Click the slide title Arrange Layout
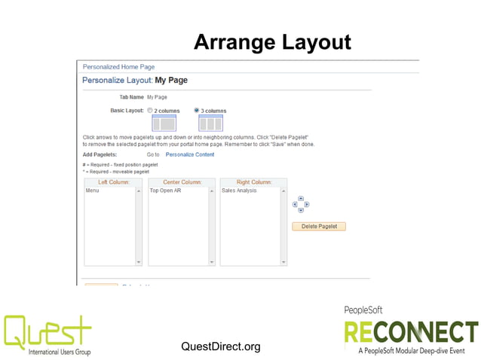(272, 42)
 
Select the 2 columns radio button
(151, 110)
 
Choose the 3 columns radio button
(198, 110)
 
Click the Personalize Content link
(190, 154)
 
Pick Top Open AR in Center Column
(165, 191)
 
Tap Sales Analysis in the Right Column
(239, 191)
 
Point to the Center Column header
(182, 182)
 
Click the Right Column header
(254, 182)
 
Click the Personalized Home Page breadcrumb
(118, 67)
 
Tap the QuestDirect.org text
(221, 346)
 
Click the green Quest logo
(47, 331)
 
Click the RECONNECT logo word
(411, 331)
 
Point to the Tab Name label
(131, 97)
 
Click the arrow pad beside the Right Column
(301, 204)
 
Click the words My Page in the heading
(171, 80)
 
